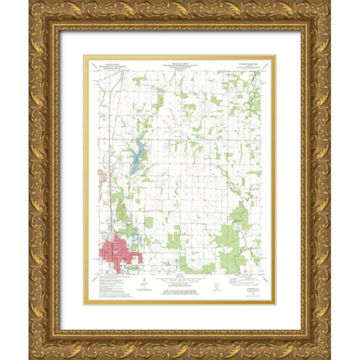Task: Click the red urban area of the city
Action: coord(116,250)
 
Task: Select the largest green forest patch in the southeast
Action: coord(227,241)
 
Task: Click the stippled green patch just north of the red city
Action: coord(121,213)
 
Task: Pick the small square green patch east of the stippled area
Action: coord(148,222)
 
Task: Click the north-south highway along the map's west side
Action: coord(110,135)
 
